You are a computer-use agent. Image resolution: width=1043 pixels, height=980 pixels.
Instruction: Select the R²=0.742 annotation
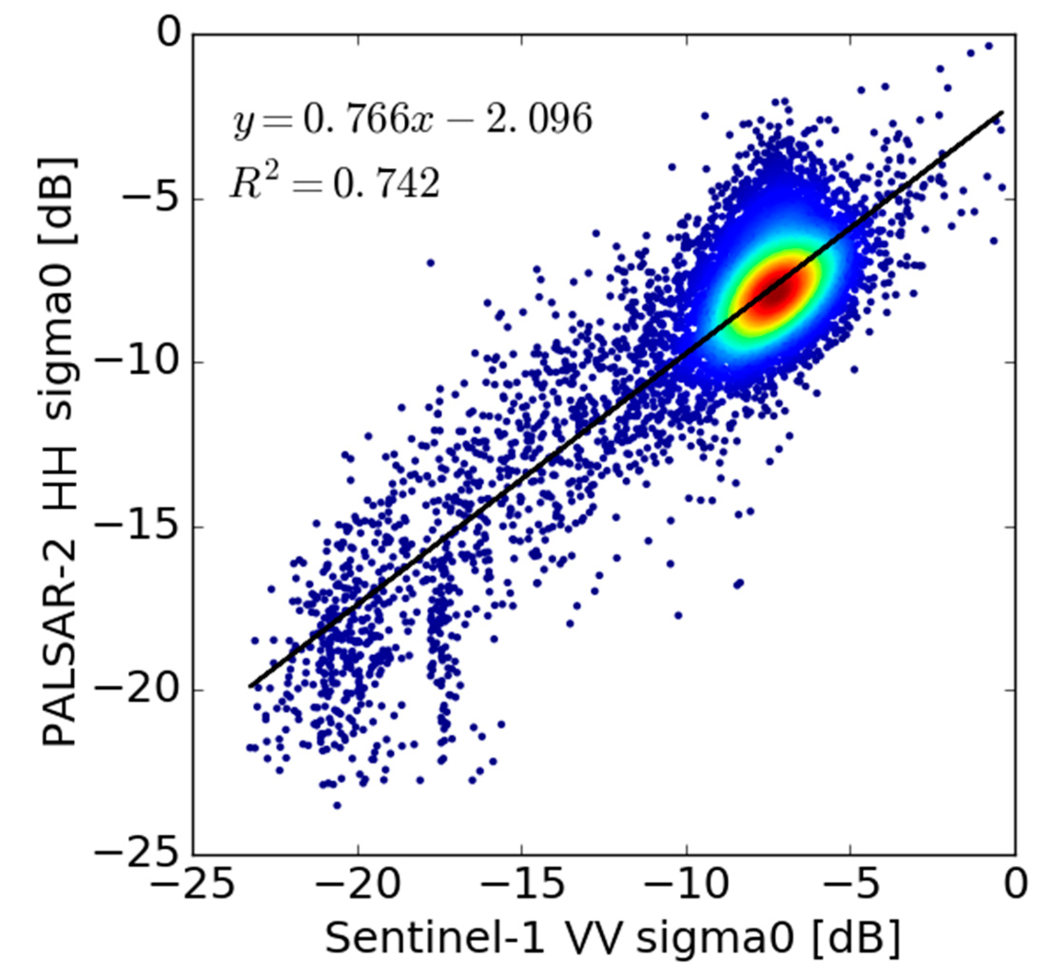click(x=334, y=183)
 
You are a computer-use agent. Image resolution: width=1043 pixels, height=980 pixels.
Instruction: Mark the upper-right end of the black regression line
click(x=1003, y=112)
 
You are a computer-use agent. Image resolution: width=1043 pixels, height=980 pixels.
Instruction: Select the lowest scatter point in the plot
click(x=337, y=805)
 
